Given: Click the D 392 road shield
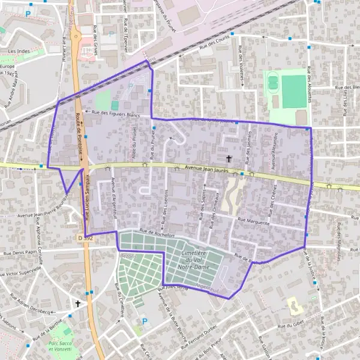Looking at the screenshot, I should tap(86, 238).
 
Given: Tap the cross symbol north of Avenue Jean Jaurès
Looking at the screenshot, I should tap(229, 158).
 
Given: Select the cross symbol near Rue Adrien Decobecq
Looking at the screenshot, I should tap(77, 304).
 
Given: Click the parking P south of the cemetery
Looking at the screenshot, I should tap(144, 322).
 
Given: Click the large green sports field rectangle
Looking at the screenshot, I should tap(293, 92).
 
